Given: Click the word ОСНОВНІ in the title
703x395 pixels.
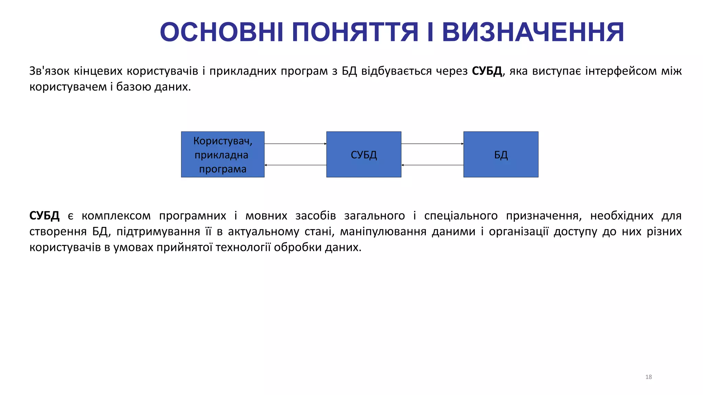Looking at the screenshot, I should pyautogui.click(x=222, y=32).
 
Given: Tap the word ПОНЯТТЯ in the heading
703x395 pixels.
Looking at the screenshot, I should pyautogui.click(x=355, y=32).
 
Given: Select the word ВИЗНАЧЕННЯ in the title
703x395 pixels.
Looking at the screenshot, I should pyautogui.click(x=533, y=32).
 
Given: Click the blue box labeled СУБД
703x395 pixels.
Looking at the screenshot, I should pyautogui.click(x=364, y=154).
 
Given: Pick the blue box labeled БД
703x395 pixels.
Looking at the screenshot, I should pyautogui.click(x=501, y=154).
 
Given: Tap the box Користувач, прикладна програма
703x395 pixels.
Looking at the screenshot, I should pyautogui.click(x=223, y=154).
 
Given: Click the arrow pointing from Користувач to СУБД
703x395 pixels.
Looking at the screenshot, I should pyautogui.click(x=295, y=144).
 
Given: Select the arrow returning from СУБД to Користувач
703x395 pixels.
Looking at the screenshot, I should pyautogui.click(x=295, y=165).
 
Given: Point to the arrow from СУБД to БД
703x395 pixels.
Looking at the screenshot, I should pyautogui.click(x=432, y=144).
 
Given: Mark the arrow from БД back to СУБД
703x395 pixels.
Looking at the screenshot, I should pyautogui.click(x=432, y=165).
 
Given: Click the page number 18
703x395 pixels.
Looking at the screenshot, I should pyautogui.click(x=648, y=377).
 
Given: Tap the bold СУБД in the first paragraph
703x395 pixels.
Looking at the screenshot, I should pyautogui.click(x=487, y=71).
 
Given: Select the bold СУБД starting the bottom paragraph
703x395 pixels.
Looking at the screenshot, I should pyautogui.click(x=44, y=216).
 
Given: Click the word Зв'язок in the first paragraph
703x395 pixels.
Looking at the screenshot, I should pyautogui.click(x=49, y=71).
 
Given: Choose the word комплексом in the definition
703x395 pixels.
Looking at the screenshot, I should pyautogui.click(x=116, y=216).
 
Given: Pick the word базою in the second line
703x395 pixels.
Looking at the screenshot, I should pyautogui.click(x=133, y=87).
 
